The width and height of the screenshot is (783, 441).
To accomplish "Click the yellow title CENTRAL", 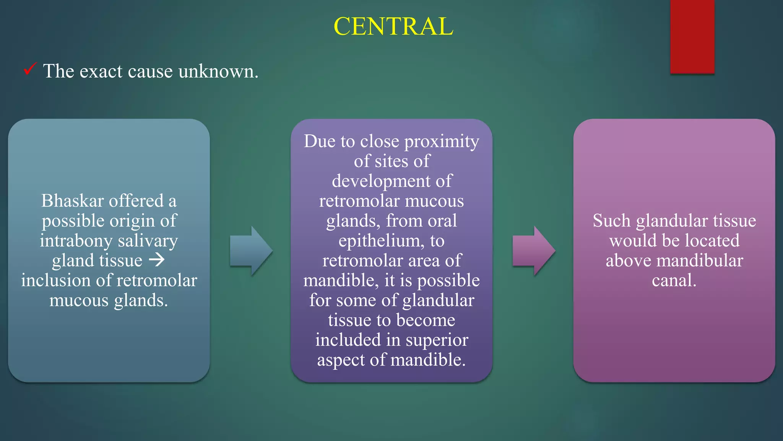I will point(393,26).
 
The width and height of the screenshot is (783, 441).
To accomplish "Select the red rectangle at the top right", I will point(692,36).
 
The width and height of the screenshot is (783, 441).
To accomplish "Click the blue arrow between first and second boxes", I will point(251,251).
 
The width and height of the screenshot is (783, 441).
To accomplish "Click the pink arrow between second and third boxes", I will point(533,251).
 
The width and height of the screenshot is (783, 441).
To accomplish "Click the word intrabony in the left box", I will point(76,241).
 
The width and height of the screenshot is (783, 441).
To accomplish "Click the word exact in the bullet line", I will point(101,71).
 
